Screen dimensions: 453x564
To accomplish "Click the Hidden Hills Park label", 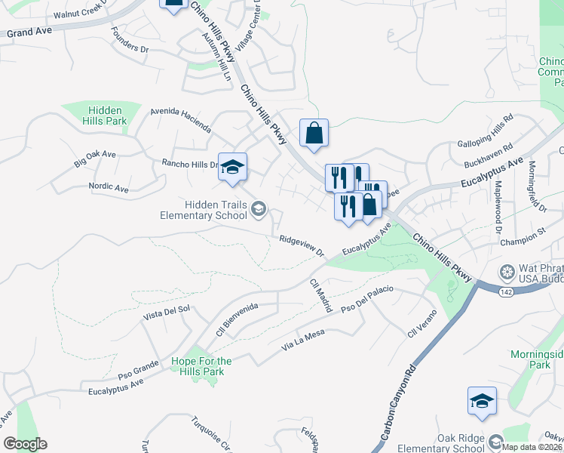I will pos(105,116).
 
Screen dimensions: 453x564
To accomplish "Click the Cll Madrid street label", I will pos(320,295).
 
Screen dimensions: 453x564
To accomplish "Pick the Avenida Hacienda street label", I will pos(180,119).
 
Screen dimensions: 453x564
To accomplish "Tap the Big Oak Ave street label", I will pos(95,159).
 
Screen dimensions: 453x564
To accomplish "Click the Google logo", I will pos(25,444).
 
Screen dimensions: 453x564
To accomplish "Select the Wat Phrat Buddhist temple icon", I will pos(507,270).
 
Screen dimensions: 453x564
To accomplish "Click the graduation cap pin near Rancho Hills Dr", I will pos(233,168).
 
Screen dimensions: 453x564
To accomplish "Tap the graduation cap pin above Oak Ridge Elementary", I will pos(482,402).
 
